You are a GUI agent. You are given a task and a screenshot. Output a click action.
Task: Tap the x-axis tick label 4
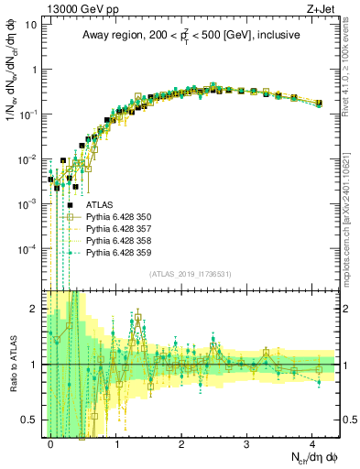click(312, 443)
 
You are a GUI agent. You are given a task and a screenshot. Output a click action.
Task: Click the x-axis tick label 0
click(51, 443)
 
